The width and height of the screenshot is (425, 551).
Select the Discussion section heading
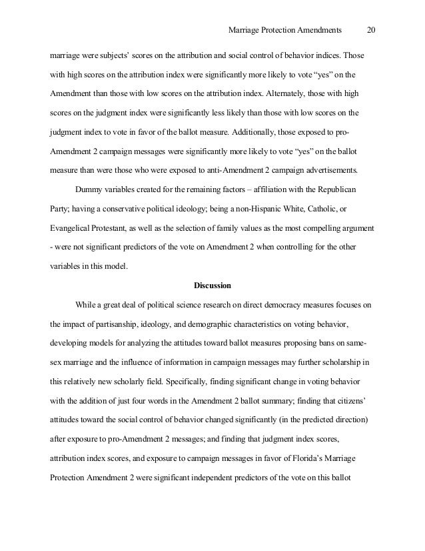tap(212, 286)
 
